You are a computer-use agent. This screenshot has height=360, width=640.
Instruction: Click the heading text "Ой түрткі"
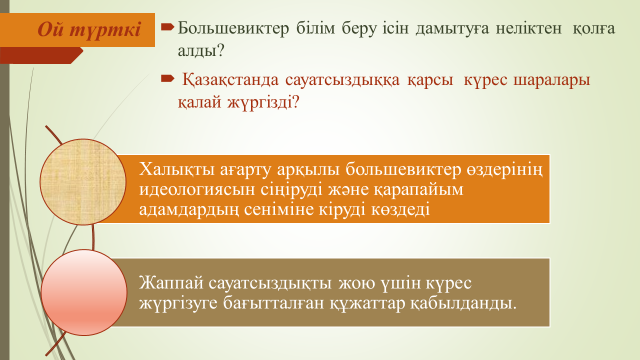coord(89,30)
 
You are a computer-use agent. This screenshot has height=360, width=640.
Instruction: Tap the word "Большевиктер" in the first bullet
coord(233,29)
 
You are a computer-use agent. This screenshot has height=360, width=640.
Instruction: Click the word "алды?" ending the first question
coord(201,51)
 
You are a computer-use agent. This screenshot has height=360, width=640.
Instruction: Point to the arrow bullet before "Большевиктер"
coord(168,28)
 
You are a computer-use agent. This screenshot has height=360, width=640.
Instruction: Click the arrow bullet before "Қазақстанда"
coord(168,79)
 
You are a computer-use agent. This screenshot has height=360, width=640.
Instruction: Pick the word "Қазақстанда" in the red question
coord(230,80)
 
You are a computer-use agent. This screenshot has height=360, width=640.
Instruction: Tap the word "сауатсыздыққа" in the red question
coord(342,80)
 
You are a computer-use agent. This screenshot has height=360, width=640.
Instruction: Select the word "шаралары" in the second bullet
coord(551,80)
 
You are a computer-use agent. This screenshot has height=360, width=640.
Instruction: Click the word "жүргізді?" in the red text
coord(263,102)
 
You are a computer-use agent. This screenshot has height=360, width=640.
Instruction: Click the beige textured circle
coord(83,182)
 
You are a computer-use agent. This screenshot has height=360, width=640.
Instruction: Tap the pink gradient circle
coord(84,293)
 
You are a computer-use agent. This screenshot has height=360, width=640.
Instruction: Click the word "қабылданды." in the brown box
coord(463,303)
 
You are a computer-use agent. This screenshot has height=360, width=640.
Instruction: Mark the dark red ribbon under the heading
coord(41,55)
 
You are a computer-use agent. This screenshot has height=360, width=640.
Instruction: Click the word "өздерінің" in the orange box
coord(504,170)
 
